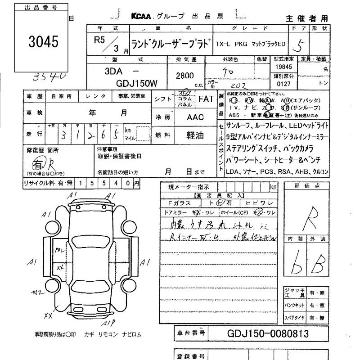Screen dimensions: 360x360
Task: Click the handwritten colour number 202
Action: (234, 84)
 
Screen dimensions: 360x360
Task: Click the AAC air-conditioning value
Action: (195, 117)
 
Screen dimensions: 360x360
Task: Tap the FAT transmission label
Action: (206, 99)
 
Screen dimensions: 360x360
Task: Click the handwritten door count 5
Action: (297, 45)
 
